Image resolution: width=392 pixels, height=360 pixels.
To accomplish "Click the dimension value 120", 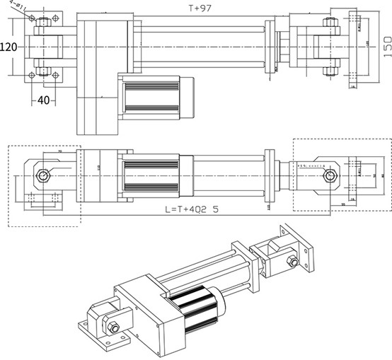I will pyautogui.click(x=9, y=47).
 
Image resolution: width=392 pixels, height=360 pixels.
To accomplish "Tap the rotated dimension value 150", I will pyautogui.click(x=386, y=46).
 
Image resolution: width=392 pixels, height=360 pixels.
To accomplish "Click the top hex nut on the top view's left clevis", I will pyautogui.click(x=45, y=21).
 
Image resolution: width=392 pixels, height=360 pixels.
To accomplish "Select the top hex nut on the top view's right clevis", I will pyautogui.click(x=328, y=21).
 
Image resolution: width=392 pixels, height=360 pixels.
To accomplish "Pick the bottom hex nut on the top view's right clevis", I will pyautogui.click(x=328, y=71).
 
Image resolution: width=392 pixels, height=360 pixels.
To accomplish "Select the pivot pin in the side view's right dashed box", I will pyautogui.click(x=327, y=175).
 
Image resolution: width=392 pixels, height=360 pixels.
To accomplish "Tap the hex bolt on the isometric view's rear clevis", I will pyautogui.click(x=290, y=262).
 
